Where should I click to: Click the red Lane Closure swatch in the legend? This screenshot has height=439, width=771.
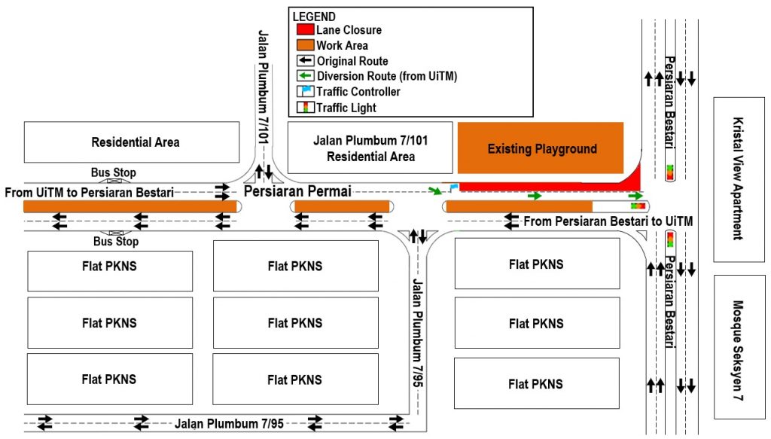tap(305, 29)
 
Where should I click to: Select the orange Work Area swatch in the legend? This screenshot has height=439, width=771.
tap(305, 45)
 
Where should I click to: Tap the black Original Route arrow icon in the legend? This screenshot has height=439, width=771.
tap(305, 60)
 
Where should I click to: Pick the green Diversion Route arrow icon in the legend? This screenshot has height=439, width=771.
tap(305, 76)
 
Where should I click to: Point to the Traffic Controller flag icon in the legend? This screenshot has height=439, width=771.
tap(305, 91)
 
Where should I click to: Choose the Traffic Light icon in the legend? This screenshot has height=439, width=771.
tap(305, 107)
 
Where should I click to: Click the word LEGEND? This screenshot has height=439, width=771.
tap(314, 17)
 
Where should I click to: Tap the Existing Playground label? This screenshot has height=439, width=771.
tap(542, 149)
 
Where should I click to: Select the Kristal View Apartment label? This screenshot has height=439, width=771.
tap(738, 178)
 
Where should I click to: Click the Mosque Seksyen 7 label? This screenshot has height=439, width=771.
tap(738, 350)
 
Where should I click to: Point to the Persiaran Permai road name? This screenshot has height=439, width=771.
tap(297, 191)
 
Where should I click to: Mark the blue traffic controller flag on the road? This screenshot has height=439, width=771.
tap(453, 187)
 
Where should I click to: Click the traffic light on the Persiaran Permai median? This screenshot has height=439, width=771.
tap(638, 206)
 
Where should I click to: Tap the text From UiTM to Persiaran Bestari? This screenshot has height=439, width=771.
tap(89, 192)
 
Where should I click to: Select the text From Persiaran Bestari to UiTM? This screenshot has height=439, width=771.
tap(608, 221)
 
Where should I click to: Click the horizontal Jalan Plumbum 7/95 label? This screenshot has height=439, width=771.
tap(229, 424)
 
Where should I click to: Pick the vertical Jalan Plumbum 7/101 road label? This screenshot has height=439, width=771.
tap(264, 87)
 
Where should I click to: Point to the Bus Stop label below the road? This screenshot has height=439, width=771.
tap(116, 242)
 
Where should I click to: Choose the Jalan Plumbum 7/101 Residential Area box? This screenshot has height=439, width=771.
tap(370, 148)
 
